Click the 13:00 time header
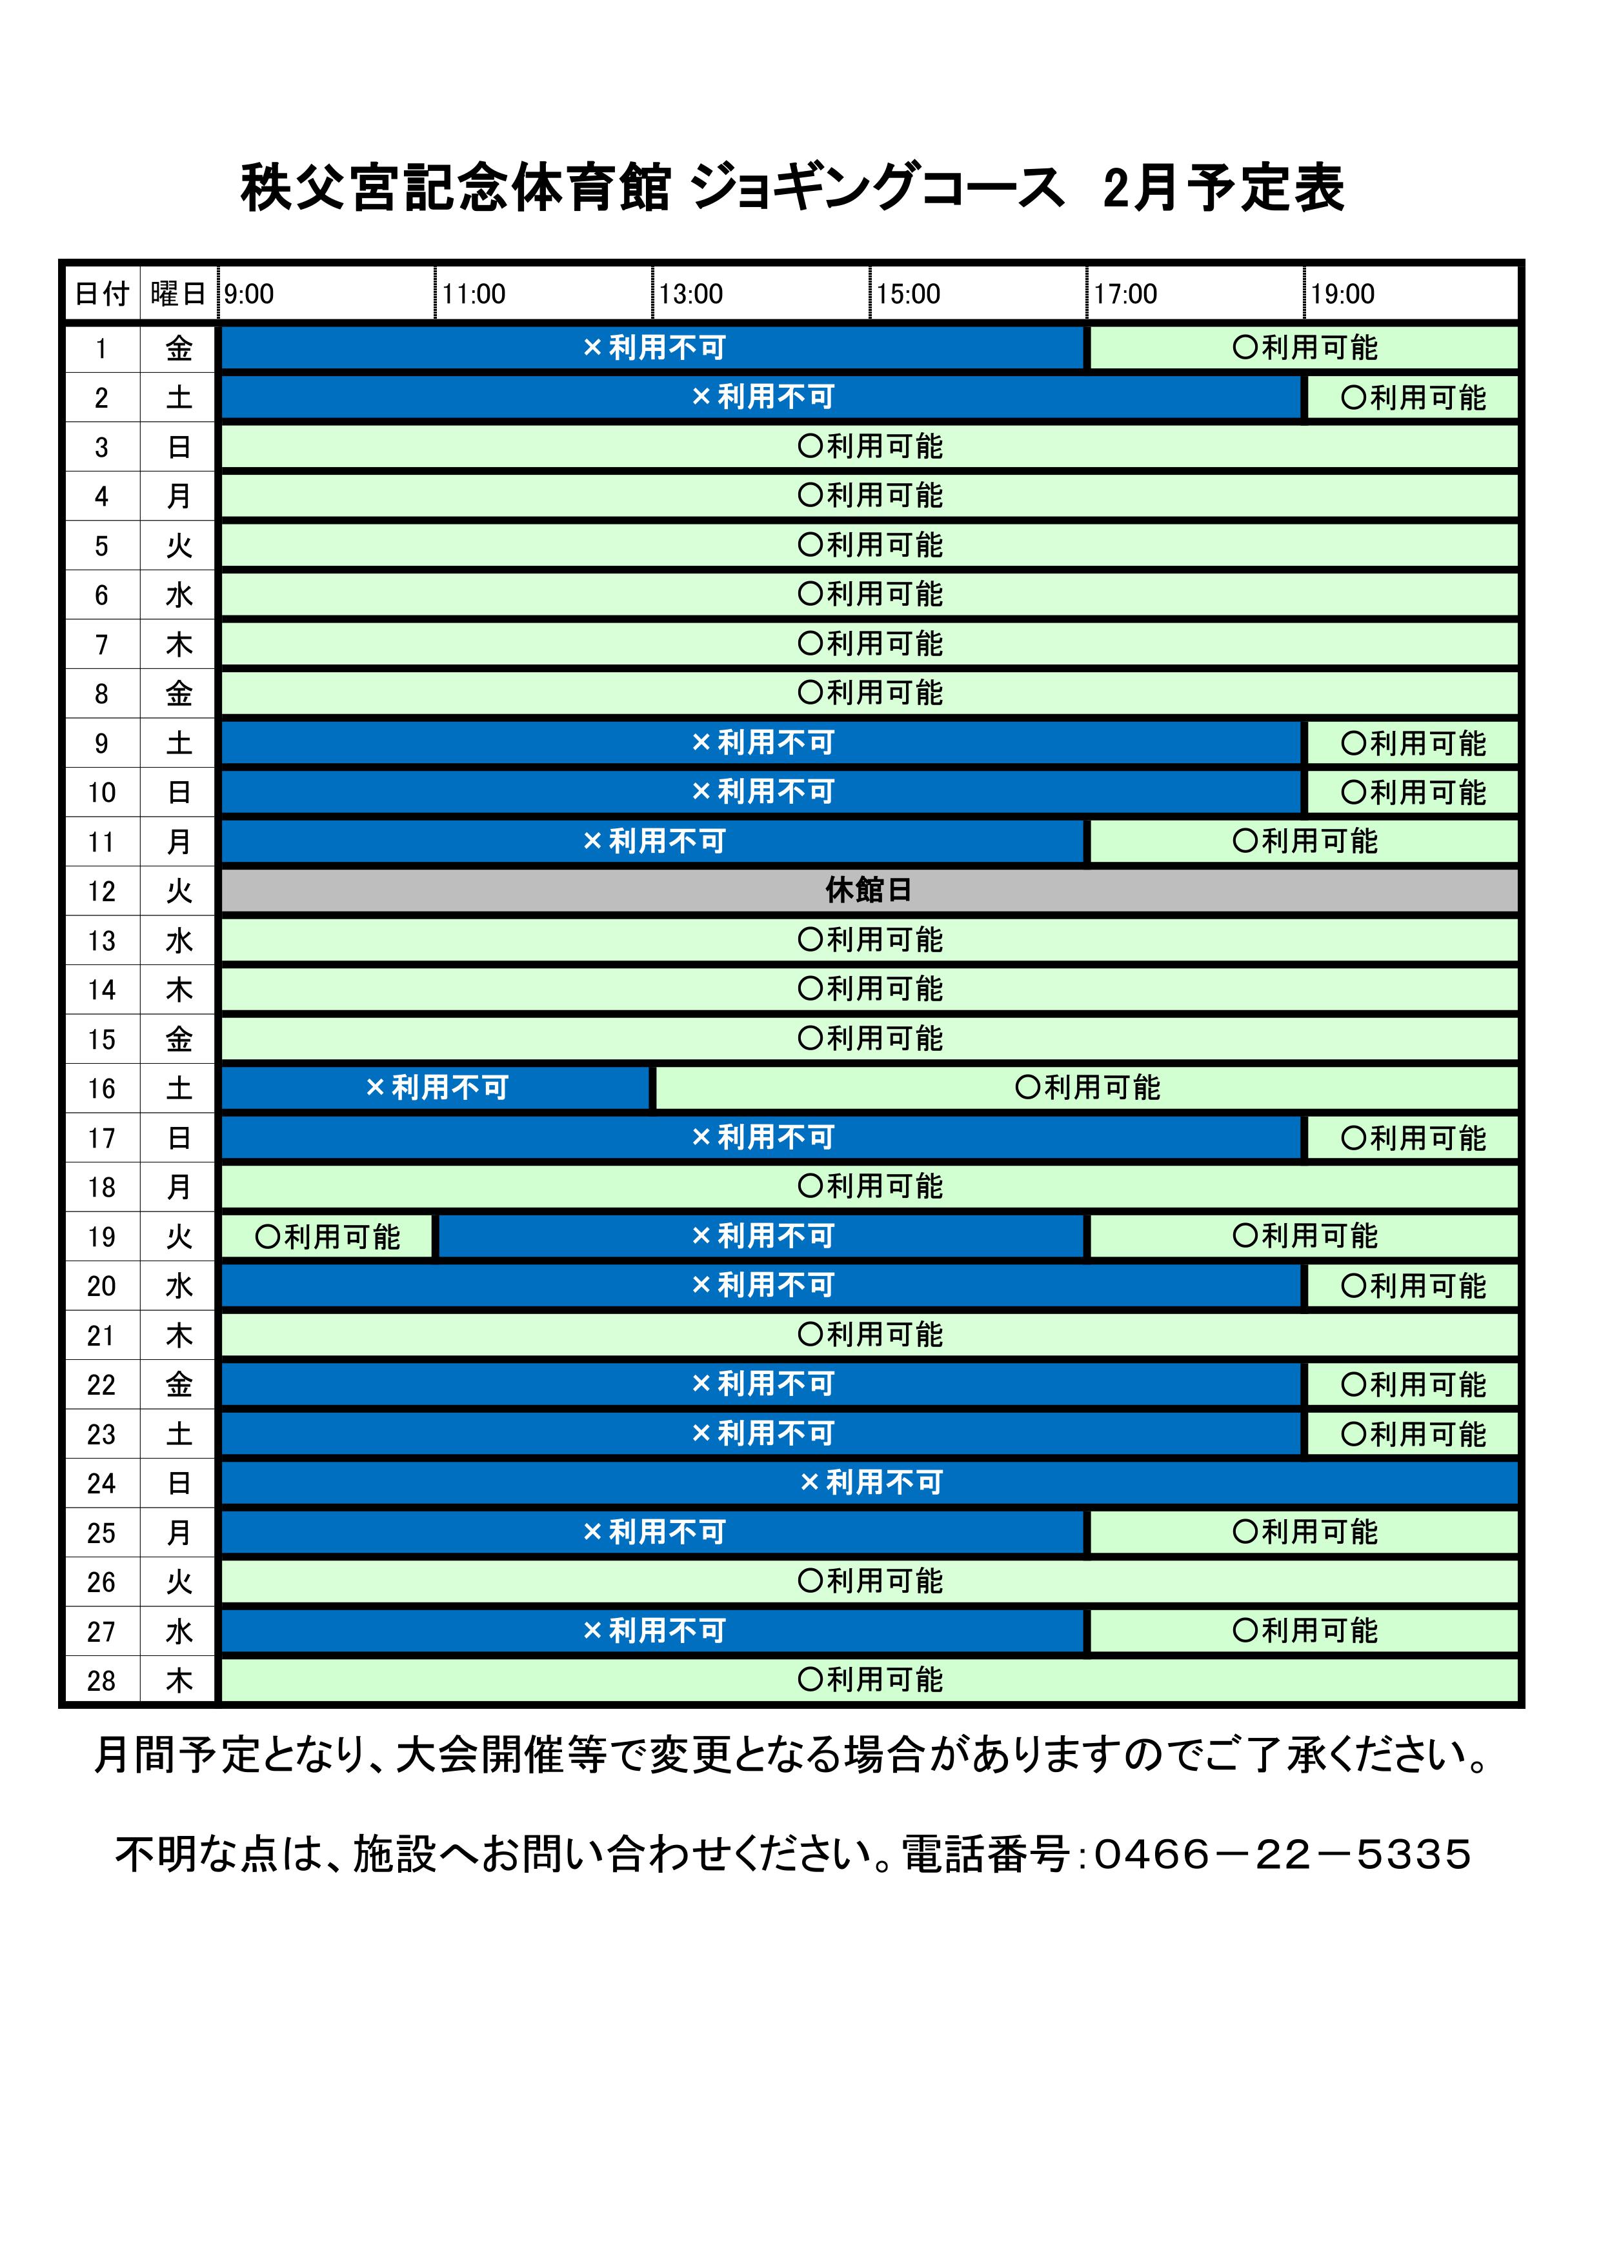point(691,294)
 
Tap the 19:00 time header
point(1343,294)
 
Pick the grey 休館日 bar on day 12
point(869,891)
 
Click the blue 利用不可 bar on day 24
point(869,1482)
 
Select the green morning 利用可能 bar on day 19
point(327,1236)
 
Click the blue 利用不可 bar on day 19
point(762,1236)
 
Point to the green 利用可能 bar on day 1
point(1304,348)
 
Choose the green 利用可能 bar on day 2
point(1412,398)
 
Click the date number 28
point(101,1680)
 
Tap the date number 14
point(101,990)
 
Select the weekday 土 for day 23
point(179,1434)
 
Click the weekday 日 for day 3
point(179,448)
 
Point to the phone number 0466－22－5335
point(1282,1854)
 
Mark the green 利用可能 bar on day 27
point(1304,1631)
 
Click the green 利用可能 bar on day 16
point(1087,1088)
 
